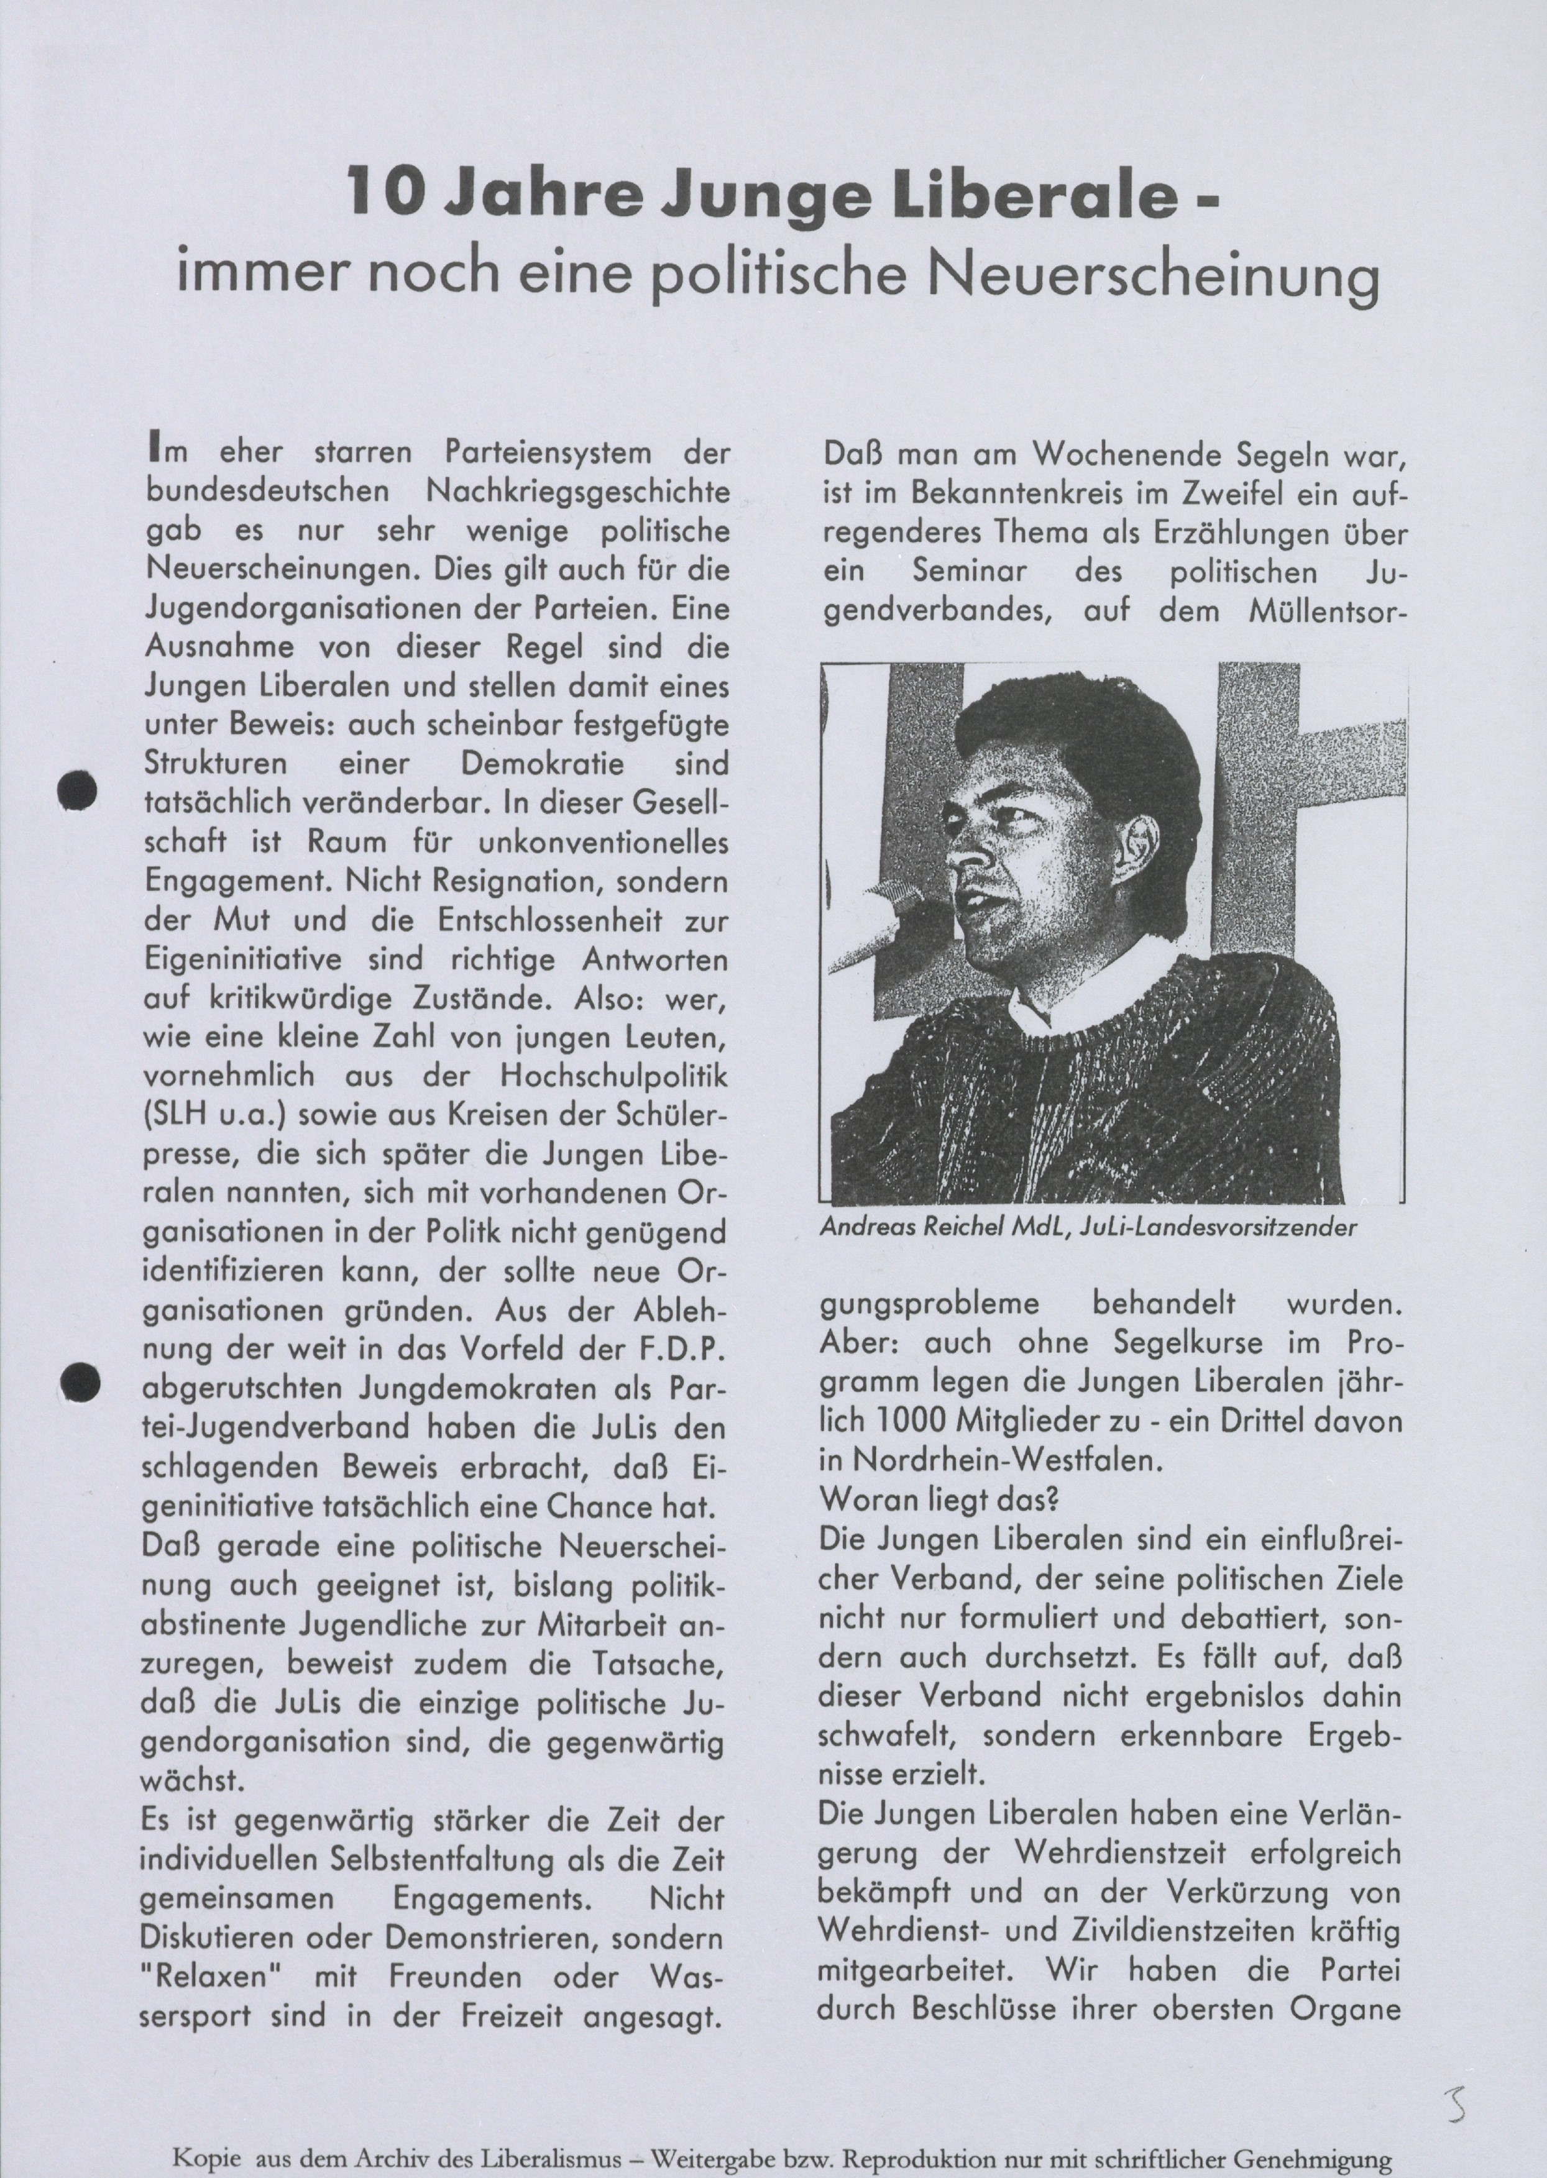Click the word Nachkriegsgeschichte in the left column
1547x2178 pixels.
[x=578, y=492]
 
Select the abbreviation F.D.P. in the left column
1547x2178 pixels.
[x=679, y=1350]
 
